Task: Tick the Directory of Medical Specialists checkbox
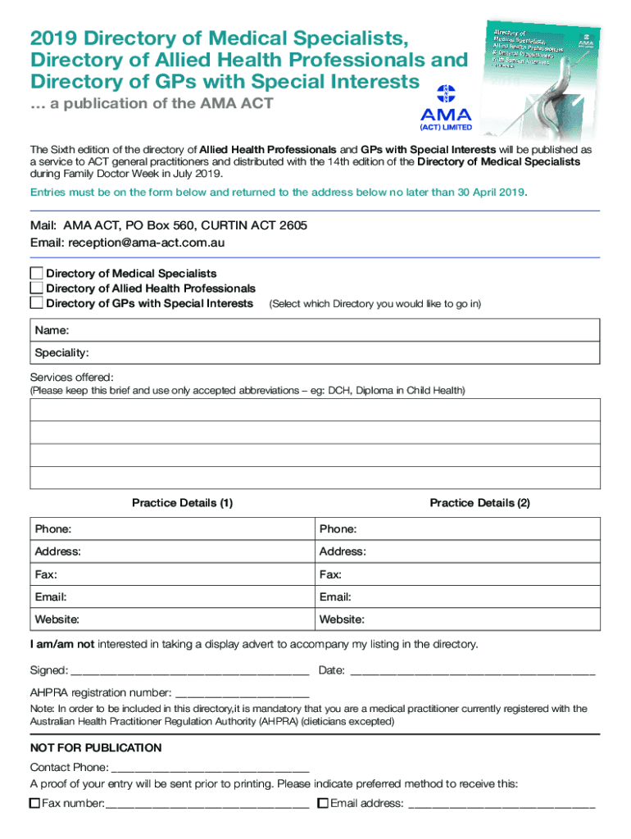point(36,273)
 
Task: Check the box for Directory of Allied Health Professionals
point(36,288)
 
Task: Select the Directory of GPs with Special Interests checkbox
point(36,303)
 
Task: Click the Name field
point(328,330)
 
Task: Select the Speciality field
point(328,353)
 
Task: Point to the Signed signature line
point(190,671)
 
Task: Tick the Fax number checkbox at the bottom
point(34,804)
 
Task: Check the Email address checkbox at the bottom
point(323,804)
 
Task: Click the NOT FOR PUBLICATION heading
point(96,748)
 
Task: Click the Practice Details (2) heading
point(479,503)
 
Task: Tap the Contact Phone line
point(210,768)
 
